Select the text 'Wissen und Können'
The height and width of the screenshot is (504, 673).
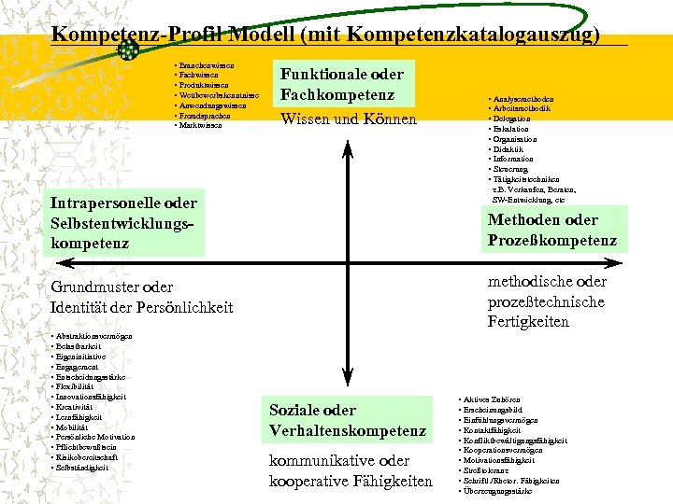[x=349, y=119]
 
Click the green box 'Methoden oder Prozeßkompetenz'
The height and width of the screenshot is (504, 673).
[x=551, y=230]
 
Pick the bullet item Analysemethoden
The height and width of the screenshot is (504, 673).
[x=523, y=99]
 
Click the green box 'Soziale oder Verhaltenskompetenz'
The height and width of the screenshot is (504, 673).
[x=348, y=420]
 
